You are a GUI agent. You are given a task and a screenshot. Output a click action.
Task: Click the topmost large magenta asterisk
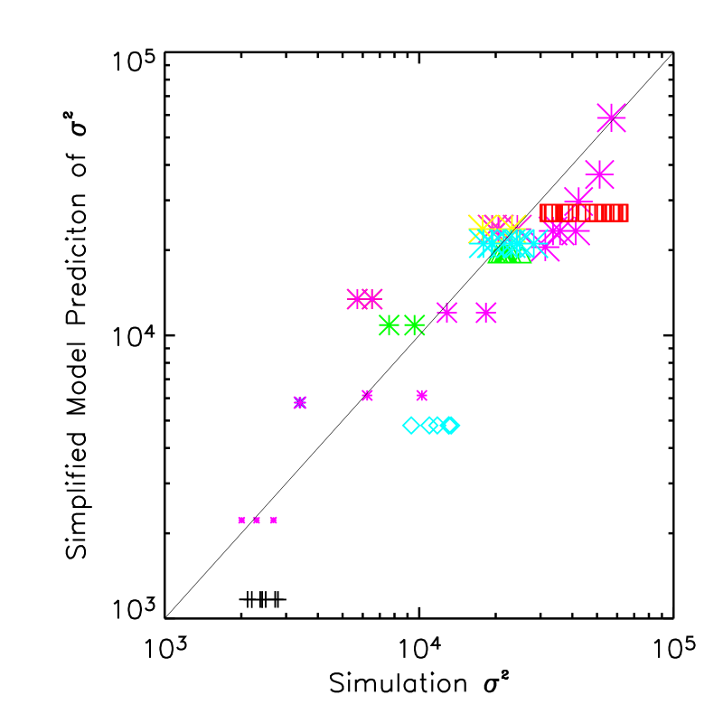tap(612, 117)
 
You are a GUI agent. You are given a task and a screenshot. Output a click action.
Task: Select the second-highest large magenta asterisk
tap(599, 174)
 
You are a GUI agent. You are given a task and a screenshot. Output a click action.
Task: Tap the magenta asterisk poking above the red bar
tap(578, 200)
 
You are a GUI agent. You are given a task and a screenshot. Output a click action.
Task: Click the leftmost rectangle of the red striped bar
tap(545, 212)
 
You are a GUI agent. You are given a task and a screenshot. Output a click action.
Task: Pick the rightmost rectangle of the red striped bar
tap(624, 212)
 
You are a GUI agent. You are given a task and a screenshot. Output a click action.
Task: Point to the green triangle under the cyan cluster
tap(510, 254)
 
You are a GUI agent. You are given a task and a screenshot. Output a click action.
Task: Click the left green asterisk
tap(390, 325)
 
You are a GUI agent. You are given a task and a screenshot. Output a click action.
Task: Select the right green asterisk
tap(415, 325)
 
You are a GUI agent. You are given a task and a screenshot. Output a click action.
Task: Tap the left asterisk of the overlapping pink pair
tap(358, 299)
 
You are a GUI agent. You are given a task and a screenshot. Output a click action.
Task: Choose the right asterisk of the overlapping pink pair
tap(371, 299)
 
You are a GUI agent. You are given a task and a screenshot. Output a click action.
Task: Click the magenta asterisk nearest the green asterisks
tap(447, 313)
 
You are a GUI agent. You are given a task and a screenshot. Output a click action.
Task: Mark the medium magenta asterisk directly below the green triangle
tap(486, 313)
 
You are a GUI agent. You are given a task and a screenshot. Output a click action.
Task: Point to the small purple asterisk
tap(300, 402)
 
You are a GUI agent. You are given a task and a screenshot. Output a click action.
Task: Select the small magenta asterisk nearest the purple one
tap(367, 395)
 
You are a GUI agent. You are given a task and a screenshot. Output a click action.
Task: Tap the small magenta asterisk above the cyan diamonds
tap(422, 395)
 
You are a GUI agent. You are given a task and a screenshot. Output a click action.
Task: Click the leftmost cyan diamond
tap(411, 425)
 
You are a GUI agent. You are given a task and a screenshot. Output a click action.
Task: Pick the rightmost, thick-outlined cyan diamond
tap(450, 425)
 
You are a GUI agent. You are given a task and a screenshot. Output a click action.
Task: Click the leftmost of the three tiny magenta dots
tap(241, 520)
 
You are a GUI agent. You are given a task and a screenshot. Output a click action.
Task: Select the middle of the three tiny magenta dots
tap(257, 520)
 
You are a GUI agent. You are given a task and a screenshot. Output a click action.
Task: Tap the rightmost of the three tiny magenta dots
tap(273, 520)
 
